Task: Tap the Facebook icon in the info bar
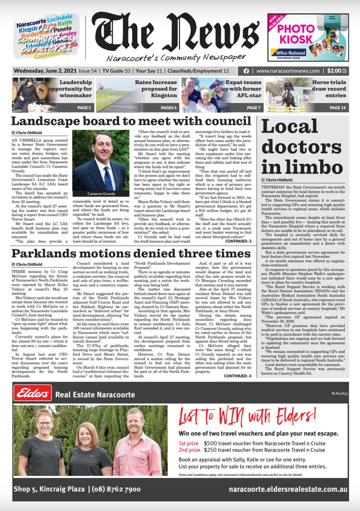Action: pyautogui.click(x=246, y=71)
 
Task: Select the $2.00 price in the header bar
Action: pyautogui.click(x=334, y=71)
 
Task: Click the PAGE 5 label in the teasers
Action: pyautogui.click(x=84, y=108)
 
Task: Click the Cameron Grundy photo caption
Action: pyautogui.click(x=101, y=193)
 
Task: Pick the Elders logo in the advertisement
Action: pyautogui.click(x=33, y=393)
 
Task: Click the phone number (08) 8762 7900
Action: pyautogui.click(x=116, y=489)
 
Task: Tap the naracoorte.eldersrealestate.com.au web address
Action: pyautogui.click(x=288, y=489)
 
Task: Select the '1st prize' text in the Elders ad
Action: pyautogui.click(x=188, y=443)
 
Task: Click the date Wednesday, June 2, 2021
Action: pyautogui.click(x=45, y=71)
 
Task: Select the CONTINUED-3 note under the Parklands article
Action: pyautogui.click(x=237, y=376)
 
